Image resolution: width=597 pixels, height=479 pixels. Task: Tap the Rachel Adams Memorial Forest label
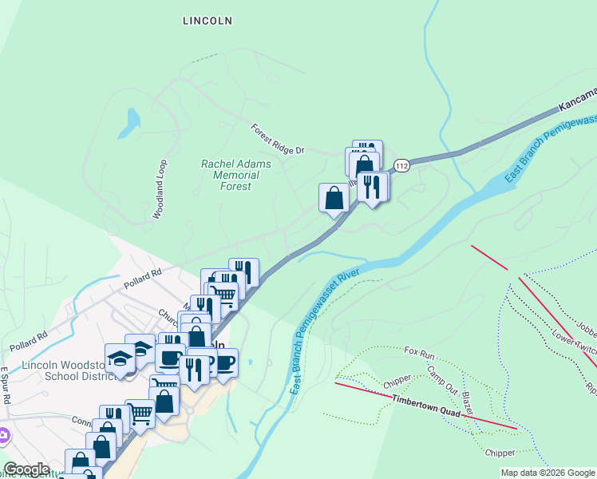pyautogui.click(x=235, y=175)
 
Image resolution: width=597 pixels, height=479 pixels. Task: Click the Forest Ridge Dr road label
pyautogui.click(x=278, y=139)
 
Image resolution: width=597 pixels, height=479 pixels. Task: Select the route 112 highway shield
pyautogui.click(x=401, y=166)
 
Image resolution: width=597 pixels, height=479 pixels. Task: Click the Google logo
pyautogui.click(x=26, y=469)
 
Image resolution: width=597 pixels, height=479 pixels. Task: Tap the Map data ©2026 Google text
pyautogui.click(x=547, y=473)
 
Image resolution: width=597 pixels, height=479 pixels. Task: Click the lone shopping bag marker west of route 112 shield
pyautogui.click(x=334, y=196)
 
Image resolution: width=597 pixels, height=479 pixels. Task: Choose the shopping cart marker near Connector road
pyautogui.click(x=140, y=413)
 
